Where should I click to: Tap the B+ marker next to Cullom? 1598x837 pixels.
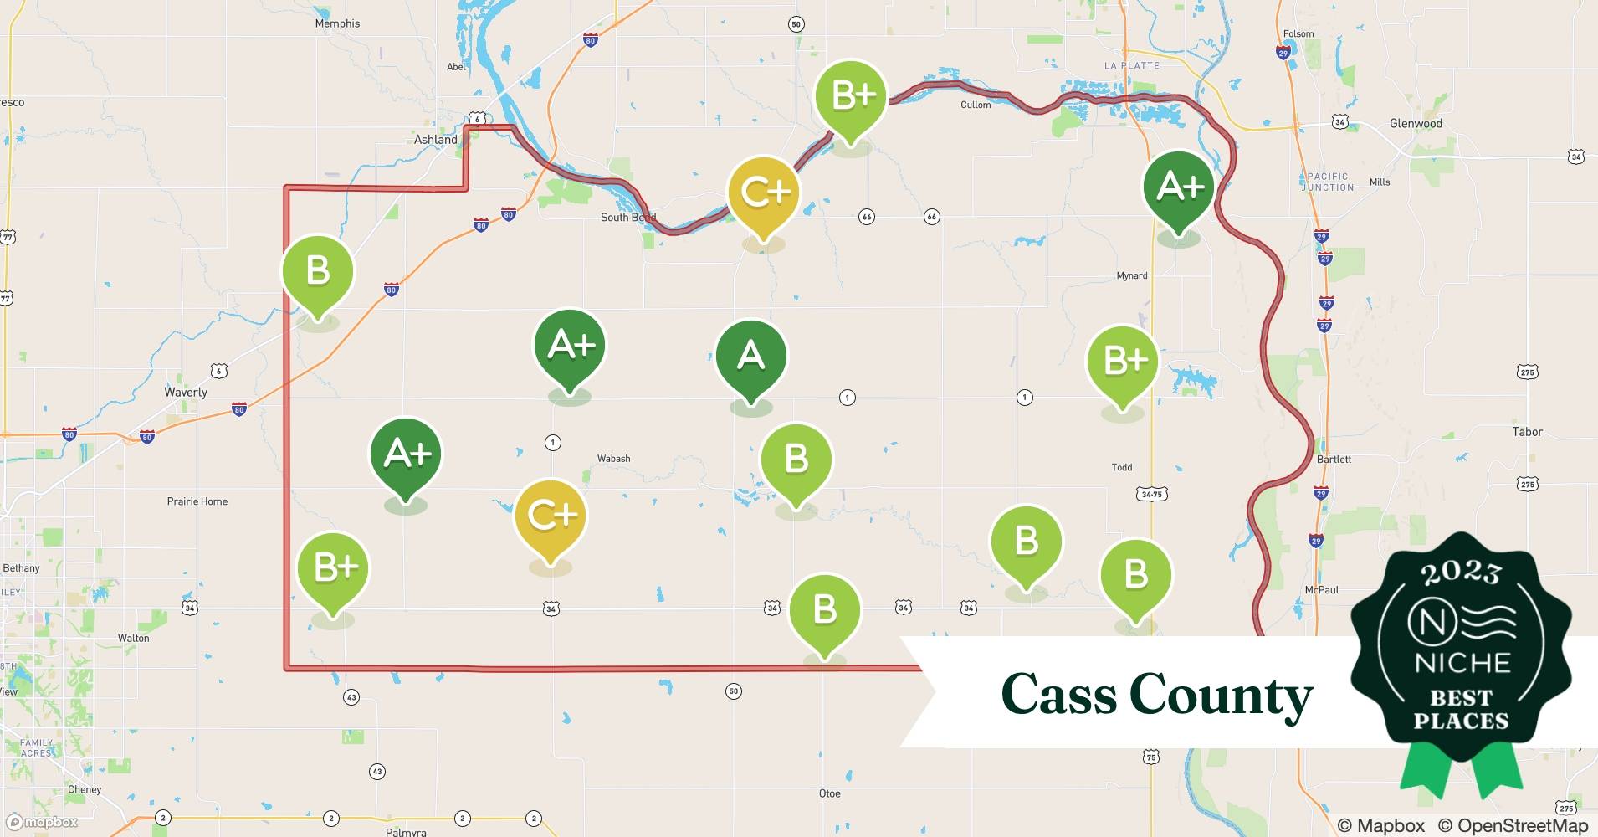click(850, 96)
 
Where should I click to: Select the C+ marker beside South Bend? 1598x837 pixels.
click(763, 193)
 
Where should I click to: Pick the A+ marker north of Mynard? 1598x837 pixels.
click(1178, 187)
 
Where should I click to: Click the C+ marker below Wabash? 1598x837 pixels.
click(551, 516)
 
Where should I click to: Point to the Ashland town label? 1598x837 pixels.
click(436, 140)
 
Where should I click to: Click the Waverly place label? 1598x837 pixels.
click(186, 392)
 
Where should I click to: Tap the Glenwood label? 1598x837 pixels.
click(1416, 123)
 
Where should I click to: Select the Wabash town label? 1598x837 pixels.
click(613, 459)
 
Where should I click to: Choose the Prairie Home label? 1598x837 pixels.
click(197, 501)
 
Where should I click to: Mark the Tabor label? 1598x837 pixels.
click(1527, 432)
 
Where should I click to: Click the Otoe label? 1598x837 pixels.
click(829, 793)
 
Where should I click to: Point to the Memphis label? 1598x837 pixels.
click(337, 23)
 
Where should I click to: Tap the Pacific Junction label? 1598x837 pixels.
click(1328, 182)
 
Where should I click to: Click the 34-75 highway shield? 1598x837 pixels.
click(1151, 495)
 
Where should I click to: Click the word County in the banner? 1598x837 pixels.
click(1221, 694)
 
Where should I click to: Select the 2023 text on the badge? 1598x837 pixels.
click(1460, 573)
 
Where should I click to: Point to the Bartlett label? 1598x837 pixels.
click(1334, 460)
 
